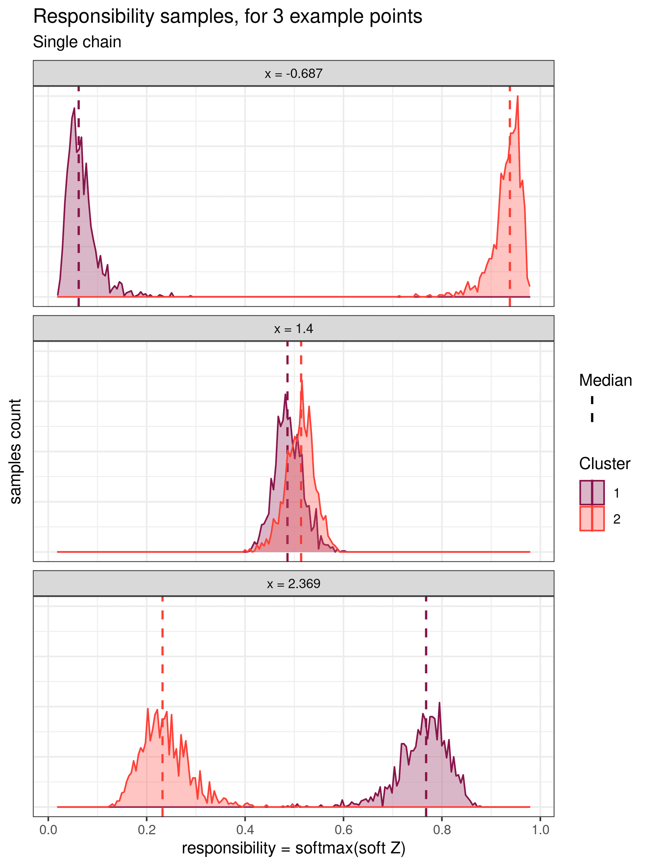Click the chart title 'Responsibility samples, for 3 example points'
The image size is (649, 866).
click(227, 17)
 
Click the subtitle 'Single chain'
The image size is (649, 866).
click(77, 42)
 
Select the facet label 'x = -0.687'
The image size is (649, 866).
click(293, 74)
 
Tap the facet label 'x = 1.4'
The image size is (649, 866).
click(293, 329)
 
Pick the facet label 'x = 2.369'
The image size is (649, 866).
click(293, 584)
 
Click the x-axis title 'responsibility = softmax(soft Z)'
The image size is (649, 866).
click(293, 848)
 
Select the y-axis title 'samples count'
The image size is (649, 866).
click(15, 451)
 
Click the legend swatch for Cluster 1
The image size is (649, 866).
click(592, 493)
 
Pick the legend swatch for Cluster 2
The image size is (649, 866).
click(592, 519)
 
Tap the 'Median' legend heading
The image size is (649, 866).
click(605, 381)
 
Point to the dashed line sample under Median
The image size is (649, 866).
click(592, 409)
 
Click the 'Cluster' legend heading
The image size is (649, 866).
click(604, 464)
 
